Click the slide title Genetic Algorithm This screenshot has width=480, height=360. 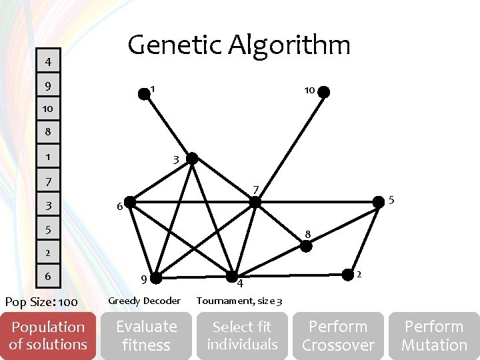click(239, 45)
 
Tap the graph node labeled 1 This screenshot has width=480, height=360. click(144, 94)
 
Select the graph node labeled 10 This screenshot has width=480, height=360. click(323, 93)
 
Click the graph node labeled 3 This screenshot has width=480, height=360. click(192, 159)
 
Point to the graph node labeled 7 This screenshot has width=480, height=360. click(255, 201)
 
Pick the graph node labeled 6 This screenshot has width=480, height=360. click(130, 201)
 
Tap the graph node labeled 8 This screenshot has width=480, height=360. click(306, 245)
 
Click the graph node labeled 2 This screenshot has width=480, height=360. click(347, 274)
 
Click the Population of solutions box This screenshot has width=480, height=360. click(48, 336)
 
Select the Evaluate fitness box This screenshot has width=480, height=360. click(146, 336)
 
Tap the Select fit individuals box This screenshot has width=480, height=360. click(242, 336)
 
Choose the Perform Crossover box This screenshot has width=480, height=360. click(338, 336)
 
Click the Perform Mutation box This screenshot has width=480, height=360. click(434, 336)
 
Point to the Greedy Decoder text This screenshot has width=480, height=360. click(144, 301)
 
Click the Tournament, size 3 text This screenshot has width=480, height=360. click(239, 301)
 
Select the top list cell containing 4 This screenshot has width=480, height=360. click(48, 63)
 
